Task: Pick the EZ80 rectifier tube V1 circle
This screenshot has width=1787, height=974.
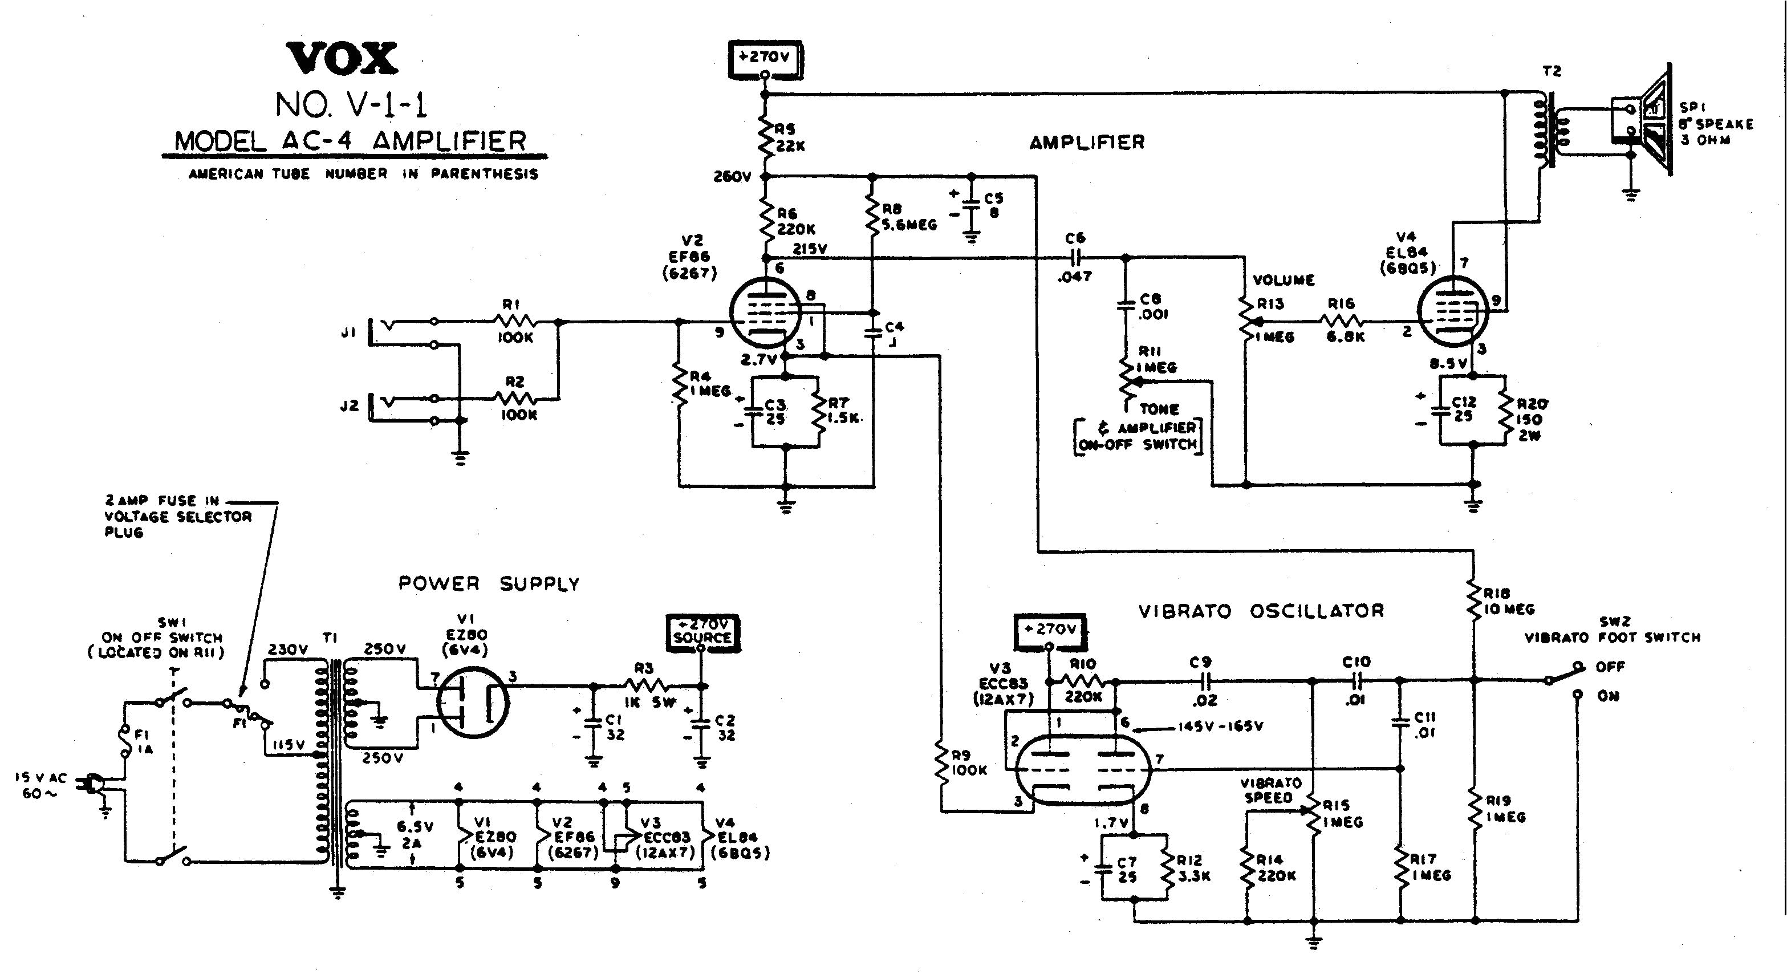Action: tap(473, 703)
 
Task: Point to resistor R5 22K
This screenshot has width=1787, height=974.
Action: tap(766, 138)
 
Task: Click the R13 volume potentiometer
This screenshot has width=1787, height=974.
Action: tap(1246, 322)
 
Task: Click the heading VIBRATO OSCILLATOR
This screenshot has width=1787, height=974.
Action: tap(1261, 611)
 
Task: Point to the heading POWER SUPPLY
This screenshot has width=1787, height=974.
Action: tap(488, 584)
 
